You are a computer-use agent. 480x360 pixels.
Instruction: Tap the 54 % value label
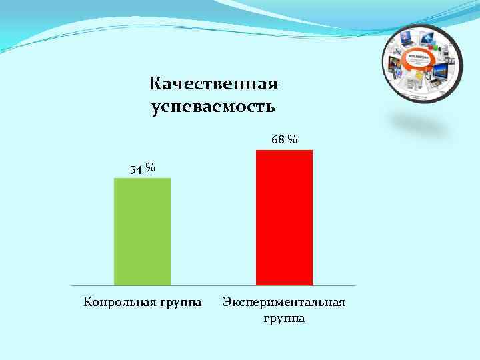point(142,169)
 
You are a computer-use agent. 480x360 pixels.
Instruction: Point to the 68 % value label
point(284,140)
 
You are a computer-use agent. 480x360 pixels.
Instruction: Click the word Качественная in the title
point(213,85)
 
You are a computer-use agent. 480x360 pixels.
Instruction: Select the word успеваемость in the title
point(213,107)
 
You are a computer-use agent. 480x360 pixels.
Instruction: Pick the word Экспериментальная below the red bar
point(284,302)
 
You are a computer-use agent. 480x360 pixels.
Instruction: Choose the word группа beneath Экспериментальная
point(284,319)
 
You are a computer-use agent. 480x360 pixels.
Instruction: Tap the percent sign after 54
point(151,168)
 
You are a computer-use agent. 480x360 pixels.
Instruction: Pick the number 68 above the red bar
point(278,140)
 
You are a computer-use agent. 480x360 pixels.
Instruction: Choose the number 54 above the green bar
point(136,170)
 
